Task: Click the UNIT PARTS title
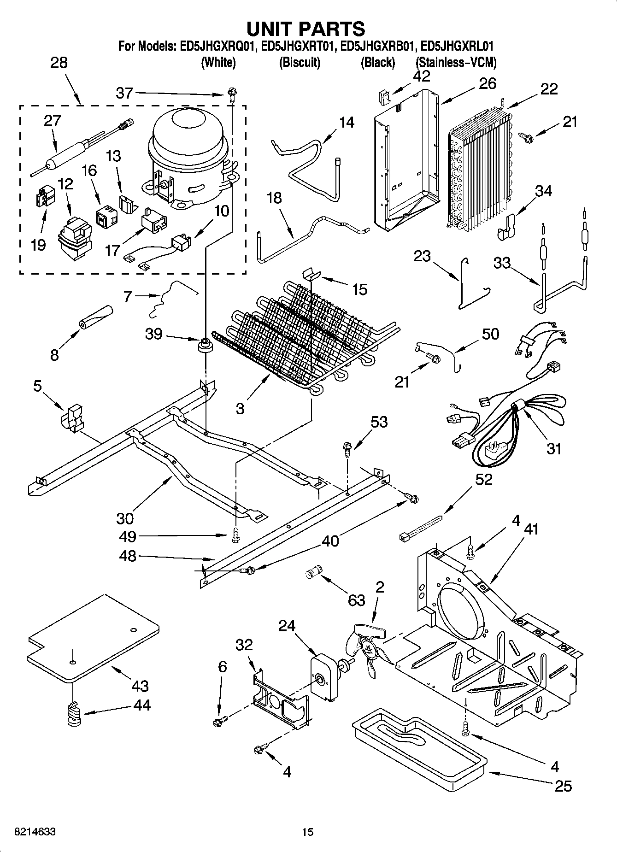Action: click(x=306, y=29)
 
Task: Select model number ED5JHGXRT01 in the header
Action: click(x=297, y=46)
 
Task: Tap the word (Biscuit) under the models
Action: click(x=300, y=62)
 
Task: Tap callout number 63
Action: click(x=356, y=600)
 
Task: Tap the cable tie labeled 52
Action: click(x=419, y=528)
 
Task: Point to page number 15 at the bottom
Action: click(x=307, y=832)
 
